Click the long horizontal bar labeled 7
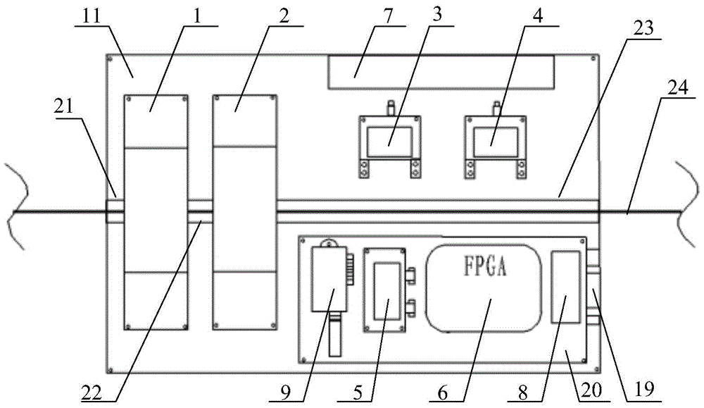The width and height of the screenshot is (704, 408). click(x=441, y=73)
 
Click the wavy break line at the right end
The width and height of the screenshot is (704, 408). click(x=687, y=206)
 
